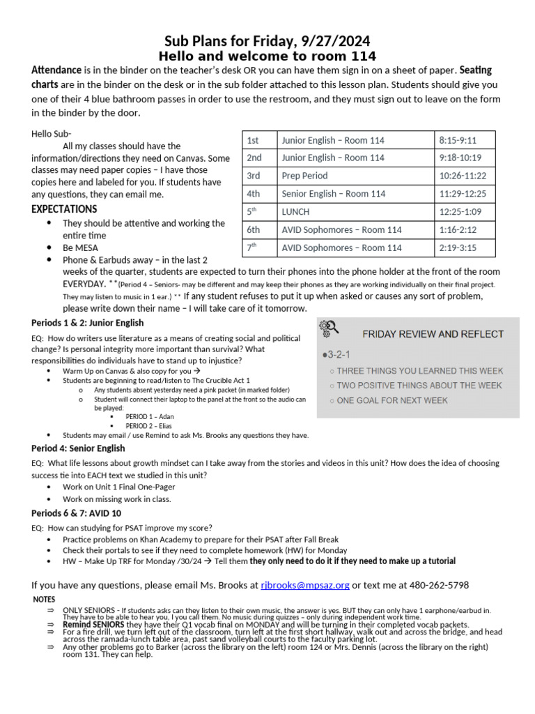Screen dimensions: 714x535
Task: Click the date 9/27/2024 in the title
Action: (x=333, y=40)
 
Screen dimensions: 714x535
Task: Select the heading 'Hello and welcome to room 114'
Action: (x=267, y=56)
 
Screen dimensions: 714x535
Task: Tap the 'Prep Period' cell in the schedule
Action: (x=304, y=176)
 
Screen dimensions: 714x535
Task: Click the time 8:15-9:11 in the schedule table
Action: (x=460, y=140)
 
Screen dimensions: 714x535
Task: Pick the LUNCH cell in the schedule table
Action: (x=295, y=211)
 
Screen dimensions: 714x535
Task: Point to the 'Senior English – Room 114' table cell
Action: (x=333, y=194)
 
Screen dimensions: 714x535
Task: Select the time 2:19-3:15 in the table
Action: (x=462, y=248)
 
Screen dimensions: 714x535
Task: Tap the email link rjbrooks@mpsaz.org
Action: (x=305, y=584)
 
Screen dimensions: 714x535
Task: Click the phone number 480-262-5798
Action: (x=435, y=584)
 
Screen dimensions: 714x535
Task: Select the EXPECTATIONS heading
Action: (x=65, y=209)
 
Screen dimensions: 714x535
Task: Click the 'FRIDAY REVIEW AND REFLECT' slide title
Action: (x=433, y=334)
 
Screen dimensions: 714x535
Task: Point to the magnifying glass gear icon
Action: (x=328, y=328)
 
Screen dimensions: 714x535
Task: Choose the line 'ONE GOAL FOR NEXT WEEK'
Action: (x=391, y=400)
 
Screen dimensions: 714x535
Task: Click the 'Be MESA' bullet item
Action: (x=80, y=248)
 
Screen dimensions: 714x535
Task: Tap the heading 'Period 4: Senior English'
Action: (x=78, y=448)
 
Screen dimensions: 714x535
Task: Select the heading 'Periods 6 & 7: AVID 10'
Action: (x=77, y=512)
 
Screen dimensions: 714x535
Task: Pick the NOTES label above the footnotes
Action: (x=45, y=599)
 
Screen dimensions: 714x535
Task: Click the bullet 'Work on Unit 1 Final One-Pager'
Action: (x=118, y=487)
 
